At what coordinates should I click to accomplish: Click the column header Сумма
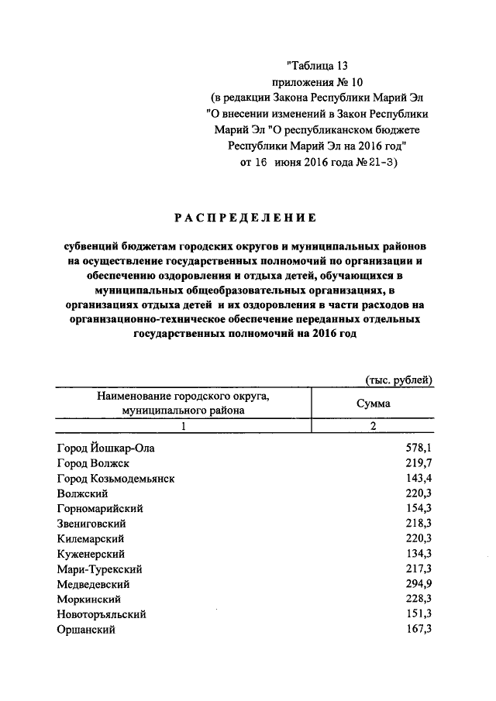pos(373,404)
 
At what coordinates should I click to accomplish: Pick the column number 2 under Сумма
pos(373,426)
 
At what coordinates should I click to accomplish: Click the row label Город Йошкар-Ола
pos(110,448)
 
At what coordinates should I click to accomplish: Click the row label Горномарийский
pos(100,509)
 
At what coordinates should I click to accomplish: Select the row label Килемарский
pos(91,539)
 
